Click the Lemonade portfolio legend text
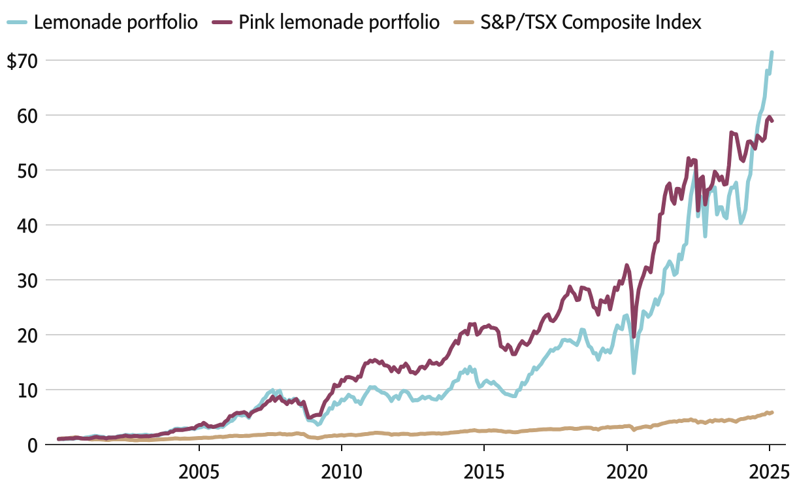click(x=116, y=23)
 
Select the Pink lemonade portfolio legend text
click(x=338, y=23)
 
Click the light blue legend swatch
click(x=18, y=23)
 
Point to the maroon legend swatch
click(x=223, y=23)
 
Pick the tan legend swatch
click(x=462, y=23)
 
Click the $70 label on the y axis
click(x=24, y=61)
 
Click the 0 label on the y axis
click(x=32, y=445)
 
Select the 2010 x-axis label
click(x=341, y=471)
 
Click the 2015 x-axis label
click(x=483, y=471)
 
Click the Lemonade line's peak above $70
click(x=772, y=52)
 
